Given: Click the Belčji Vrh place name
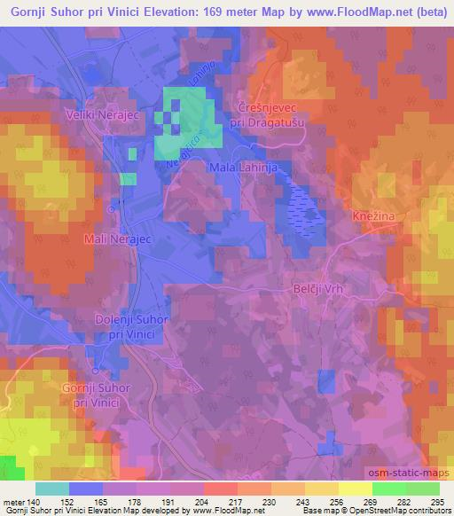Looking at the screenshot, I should pos(317,289).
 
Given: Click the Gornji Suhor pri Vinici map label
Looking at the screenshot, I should pos(97,395).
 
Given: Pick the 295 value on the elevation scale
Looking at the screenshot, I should pos(436,503).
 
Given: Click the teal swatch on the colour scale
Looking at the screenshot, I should pos(52,489).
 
